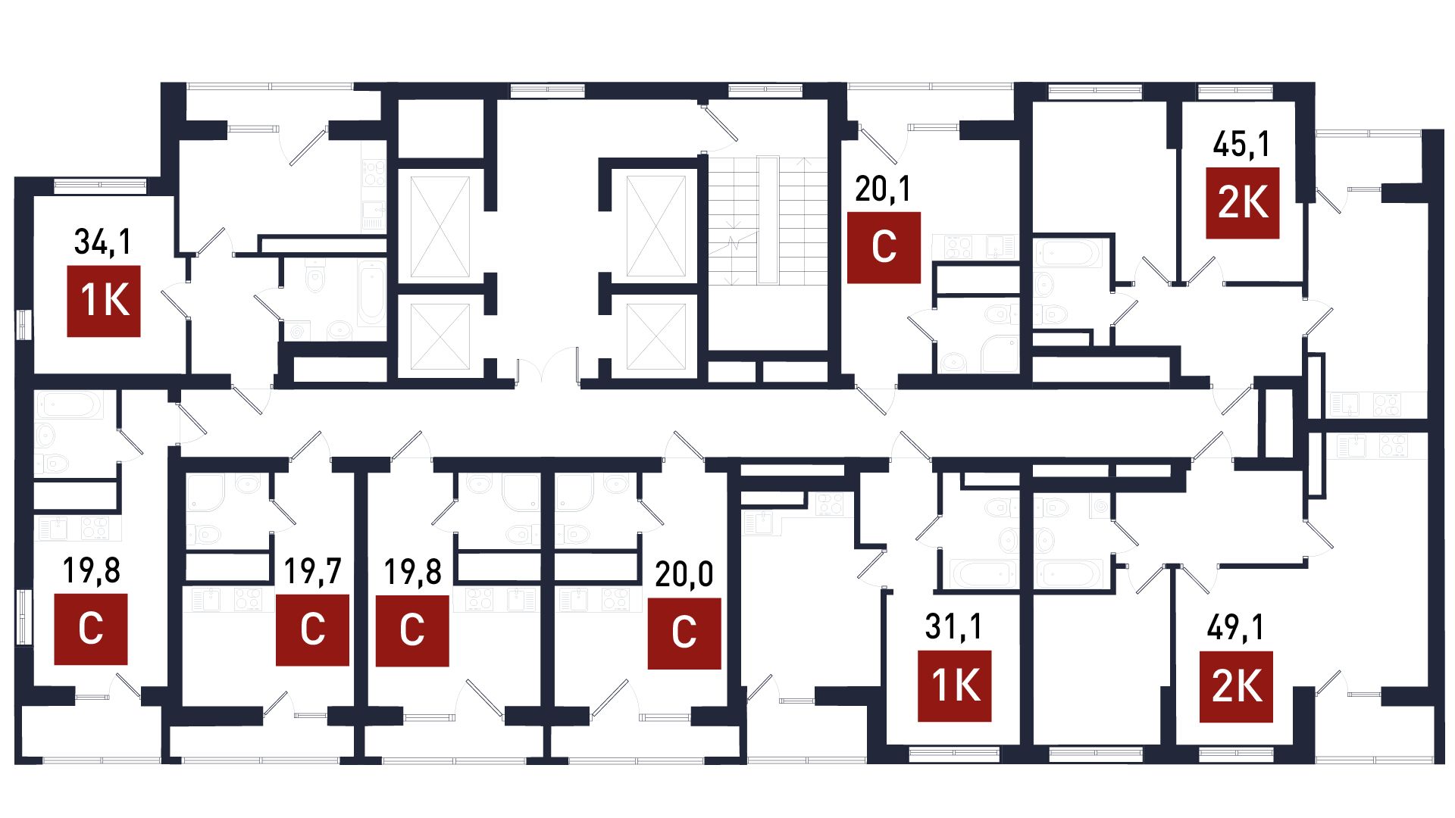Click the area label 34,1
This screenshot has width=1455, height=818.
pyautogui.click(x=103, y=242)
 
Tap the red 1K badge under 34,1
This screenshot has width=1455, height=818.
pyautogui.click(x=104, y=301)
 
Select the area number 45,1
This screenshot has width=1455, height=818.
pyautogui.click(x=1241, y=144)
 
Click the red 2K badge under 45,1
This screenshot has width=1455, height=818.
pyautogui.click(x=1242, y=202)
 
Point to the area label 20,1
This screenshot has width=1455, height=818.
pyautogui.click(x=883, y=189)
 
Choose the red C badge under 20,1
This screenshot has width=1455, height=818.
pyautogui.click(x=884, y=247)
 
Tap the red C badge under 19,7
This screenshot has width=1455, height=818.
pyautogui.click(x=312, y=630)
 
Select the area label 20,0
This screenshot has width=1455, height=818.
pyautogui.click(x=684, y=575)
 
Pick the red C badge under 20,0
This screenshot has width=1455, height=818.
pyautogui.click(x=684, y=633)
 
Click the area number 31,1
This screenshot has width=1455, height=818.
pyautogui.click(x=953, y=627)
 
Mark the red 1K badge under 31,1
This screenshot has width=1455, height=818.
pyautogui.click(x=955, y=685)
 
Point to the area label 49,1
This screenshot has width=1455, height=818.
pyautogui.click(x=1235, y=628)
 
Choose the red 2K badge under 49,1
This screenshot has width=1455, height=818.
pyautogui.click(x=1237, y=686)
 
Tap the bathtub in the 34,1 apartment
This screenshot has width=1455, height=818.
pyautogui.click(x=371, y=292)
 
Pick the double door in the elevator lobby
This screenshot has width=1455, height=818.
pyautogui.click(x=549, y=367)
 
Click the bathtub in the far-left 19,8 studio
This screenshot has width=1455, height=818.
pyautogui.click(x=68, y=406)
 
